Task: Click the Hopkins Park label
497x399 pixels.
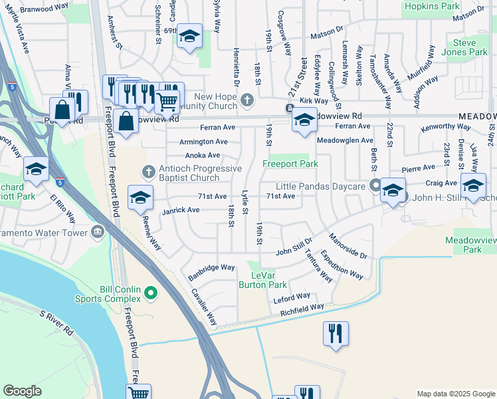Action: click(x=431, y=6)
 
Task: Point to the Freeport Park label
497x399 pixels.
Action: click(x=290, y=164)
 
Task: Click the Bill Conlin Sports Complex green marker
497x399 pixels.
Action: click(x=151, y=291)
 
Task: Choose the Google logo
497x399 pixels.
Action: click(x=22, y=391)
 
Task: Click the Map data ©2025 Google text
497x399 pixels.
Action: click(x=455, y=394)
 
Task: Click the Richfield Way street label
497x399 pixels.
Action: click(x=302, y=309)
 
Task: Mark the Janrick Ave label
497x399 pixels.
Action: click(x=181, y=210)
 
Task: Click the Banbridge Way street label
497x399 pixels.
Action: click(x=212, y=267)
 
